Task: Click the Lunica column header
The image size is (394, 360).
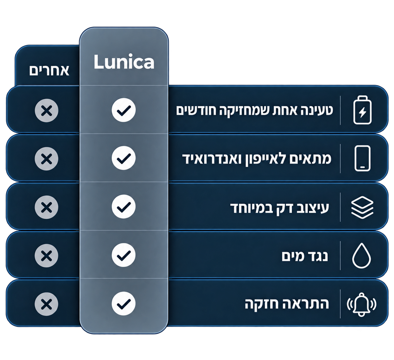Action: [x=124, y=62]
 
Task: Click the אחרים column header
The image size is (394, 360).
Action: [x=49, y=70]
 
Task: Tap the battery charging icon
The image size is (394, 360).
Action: [x=362, y=110]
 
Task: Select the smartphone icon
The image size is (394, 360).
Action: [x=362, y=158]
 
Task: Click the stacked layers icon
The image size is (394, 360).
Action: [x=362, y=207]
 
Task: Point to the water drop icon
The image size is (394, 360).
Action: [x=361, y=256]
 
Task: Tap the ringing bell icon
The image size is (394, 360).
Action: [x=361, y=304]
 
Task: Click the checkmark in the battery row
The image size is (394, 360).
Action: [x=123, y=110]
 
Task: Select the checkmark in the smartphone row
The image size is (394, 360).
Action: [x=123, y=158]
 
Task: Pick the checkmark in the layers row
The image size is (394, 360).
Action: [x=123, y=206]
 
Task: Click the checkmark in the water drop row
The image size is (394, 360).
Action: [x=123, y=255]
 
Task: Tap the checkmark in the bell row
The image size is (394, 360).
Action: [x=123, y=304]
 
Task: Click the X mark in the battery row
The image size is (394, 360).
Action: [x=47, y=111]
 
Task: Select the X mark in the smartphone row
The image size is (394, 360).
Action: [x=47, y=159]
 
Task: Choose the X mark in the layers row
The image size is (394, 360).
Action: [x=47, y=207]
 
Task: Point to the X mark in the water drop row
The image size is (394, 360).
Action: [x=47, y=256]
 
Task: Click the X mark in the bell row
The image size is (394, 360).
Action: [x=47, y=304]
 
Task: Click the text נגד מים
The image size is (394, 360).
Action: [x=305, y=256]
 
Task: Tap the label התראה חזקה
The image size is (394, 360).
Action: [x=287, y=305]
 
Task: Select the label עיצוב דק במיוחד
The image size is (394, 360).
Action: [x=279, y=208]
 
